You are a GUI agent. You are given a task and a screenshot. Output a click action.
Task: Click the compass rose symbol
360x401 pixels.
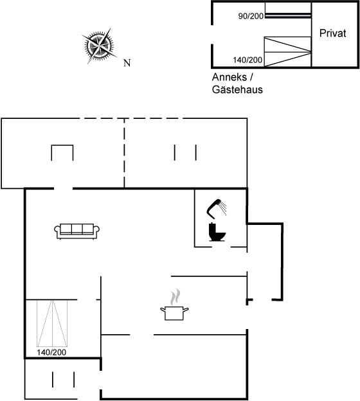[x=99, y=46]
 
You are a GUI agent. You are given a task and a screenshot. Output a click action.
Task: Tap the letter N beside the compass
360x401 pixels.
[x=127, y=63]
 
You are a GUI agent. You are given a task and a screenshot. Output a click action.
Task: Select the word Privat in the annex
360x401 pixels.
[x=332, y=33]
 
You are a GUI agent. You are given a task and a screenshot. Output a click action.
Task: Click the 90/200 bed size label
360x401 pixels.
[x=251, y=16]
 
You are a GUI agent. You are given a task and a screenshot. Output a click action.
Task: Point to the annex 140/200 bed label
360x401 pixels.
[x=248, y=60]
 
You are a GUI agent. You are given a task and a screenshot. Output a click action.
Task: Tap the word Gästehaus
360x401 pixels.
[x=237, y=90]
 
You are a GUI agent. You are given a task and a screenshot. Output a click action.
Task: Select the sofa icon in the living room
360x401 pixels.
[x=76, y=231]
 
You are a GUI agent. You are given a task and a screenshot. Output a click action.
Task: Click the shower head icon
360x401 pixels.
[x=217, y=209]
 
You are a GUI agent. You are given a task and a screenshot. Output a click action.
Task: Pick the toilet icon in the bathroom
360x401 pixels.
[x=217, y=232]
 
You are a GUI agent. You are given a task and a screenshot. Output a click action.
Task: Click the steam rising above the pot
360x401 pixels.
[x=175, y=297]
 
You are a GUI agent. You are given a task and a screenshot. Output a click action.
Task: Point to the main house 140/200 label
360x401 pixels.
[x=51, y=352]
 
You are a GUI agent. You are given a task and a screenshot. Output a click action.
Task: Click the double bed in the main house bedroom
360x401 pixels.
[x=52, y=323]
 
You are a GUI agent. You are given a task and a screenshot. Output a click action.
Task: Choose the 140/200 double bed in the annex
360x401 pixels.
[x=287, y=51]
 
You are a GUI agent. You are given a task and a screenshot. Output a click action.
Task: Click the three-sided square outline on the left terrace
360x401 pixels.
[x=62, y=145]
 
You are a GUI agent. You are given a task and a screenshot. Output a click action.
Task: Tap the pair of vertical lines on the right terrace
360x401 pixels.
[x=185, y=152]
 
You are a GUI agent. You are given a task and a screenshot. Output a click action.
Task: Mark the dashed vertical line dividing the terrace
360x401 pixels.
[x=124, y=153]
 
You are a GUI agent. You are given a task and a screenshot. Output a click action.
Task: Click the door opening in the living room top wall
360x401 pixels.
[x=63, y=189]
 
